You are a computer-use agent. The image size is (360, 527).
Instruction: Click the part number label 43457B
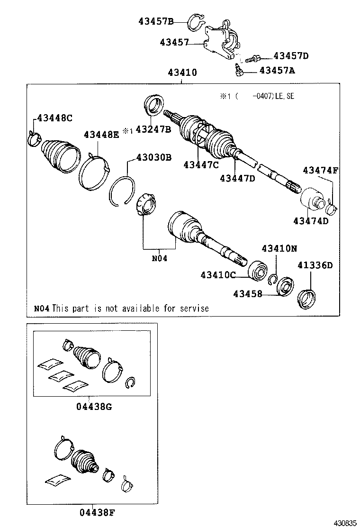tap(156, 20)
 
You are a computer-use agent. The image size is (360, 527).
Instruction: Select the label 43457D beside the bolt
tap(291, 56)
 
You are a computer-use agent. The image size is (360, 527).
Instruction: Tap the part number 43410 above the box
tap(181, 73)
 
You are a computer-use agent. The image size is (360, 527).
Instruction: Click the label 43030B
tap(153, 157)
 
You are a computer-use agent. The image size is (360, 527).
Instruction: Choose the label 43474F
tap(320, 170)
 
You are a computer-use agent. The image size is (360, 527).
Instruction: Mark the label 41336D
tap(315, 265)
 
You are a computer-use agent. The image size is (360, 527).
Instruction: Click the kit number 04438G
tap(94, 406)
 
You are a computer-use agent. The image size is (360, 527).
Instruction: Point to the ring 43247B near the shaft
tap(153, 105)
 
